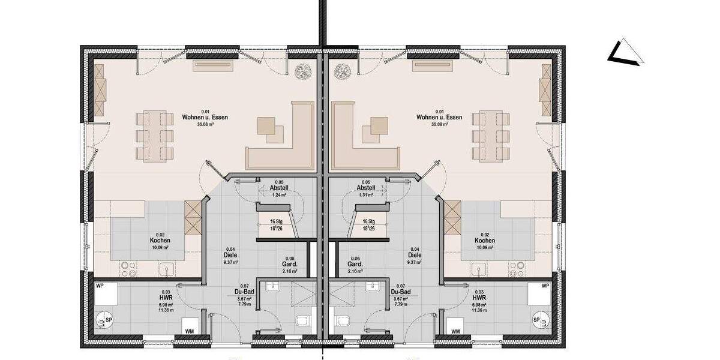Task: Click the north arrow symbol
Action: [626, 52]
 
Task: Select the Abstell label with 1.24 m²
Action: [279, 188]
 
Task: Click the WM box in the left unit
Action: [189, 331]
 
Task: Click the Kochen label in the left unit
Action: [160, 241]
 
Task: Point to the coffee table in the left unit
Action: [270, 128]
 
